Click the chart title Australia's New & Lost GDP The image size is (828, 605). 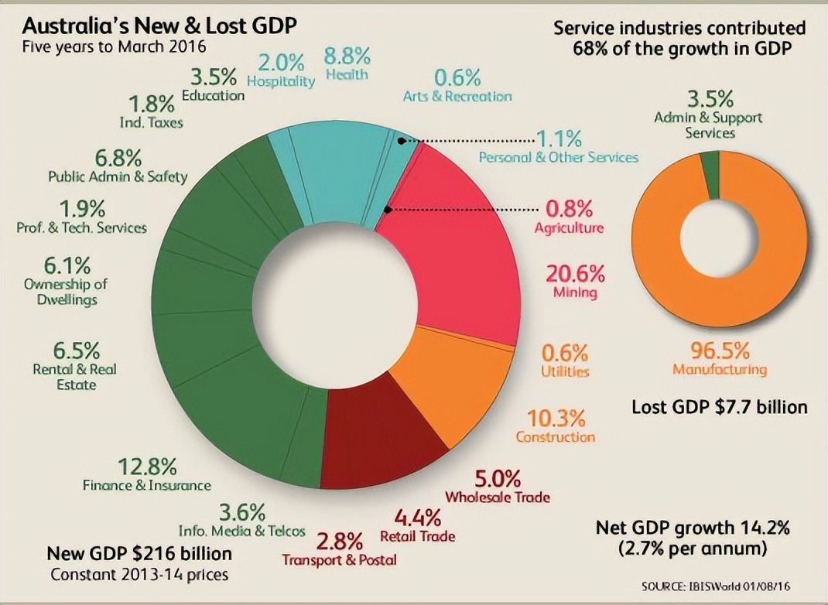(159, 26)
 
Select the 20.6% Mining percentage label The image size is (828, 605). (575, 274)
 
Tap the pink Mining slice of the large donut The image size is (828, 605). (464, 248)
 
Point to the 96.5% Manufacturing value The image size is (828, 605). (720, 350)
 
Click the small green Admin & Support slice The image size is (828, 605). (710, 163)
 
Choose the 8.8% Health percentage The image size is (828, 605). (347, 56)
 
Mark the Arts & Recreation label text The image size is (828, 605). (457, 97)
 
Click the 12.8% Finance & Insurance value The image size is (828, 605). (147, 467)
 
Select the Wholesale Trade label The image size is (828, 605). (498, 497)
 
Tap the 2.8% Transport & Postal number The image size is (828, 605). (340, 540)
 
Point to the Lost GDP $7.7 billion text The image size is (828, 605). (720, 406)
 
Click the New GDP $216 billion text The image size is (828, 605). (139, 554)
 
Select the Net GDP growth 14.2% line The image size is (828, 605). (692, 528)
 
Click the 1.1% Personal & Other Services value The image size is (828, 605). (559, 139)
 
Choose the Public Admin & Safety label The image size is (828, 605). (118, 176)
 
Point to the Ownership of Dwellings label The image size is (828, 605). (65, 292)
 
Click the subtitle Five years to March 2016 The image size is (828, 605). (114, 46)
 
